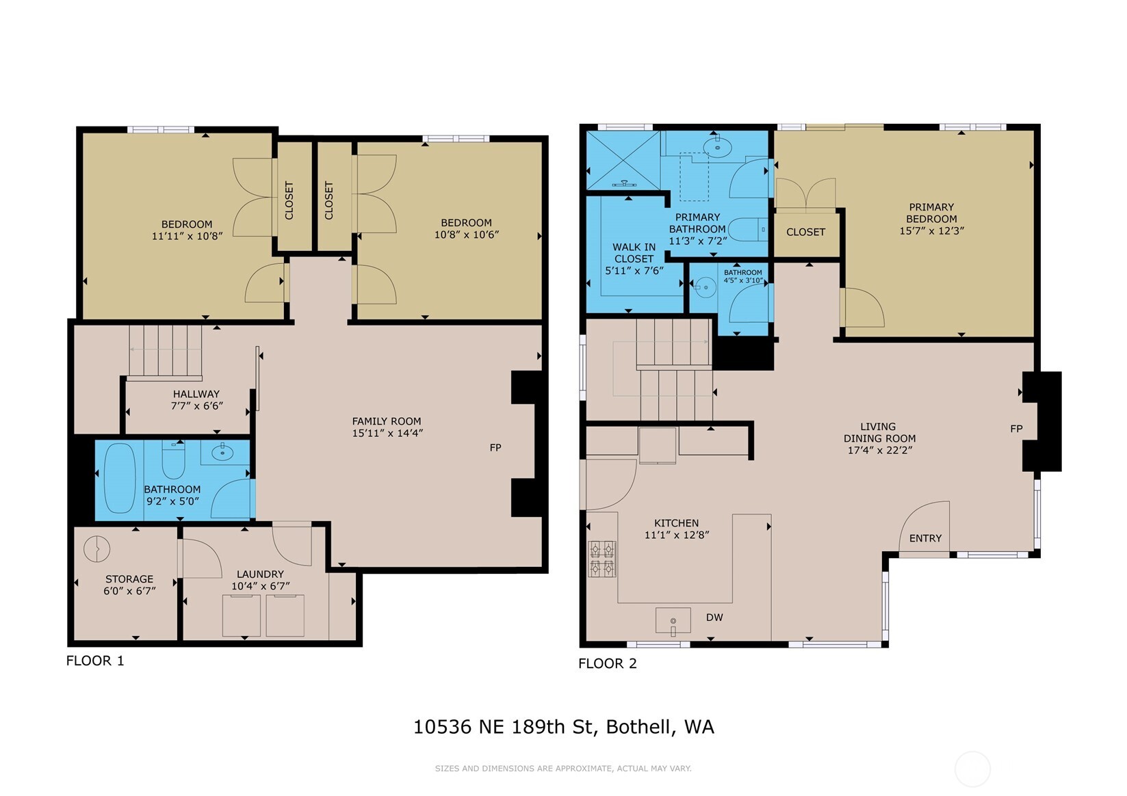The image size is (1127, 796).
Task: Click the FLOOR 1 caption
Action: [95, 661]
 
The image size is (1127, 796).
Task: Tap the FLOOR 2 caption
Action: [607, 663]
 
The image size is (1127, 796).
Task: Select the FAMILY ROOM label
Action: [387, 421]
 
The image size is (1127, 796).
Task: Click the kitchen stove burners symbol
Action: [602, 559]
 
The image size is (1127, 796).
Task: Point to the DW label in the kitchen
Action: [714, 618]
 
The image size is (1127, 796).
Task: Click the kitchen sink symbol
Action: [673, 620]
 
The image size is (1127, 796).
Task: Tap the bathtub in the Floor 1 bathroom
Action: [119, 478]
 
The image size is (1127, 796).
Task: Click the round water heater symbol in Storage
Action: [96, 548]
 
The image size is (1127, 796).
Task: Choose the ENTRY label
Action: [925, 538]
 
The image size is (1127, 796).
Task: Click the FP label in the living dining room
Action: [1016, 429]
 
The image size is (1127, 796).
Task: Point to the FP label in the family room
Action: [495, 447]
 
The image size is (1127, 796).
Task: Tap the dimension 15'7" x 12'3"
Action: [931, 231]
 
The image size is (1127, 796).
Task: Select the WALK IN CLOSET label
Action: [634, 253]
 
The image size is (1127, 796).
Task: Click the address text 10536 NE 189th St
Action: [502, 726]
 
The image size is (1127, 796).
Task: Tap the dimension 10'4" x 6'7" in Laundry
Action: [260, 586]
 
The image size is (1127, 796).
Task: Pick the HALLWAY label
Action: [196, 394]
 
